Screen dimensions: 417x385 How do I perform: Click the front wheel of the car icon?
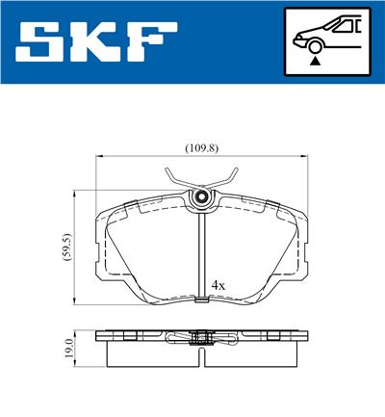point(315,43)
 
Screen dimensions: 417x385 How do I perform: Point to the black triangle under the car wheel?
point(315,60)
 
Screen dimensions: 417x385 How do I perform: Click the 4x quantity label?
point(218,286)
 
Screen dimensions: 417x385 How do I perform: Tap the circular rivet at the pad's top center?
point(202,197)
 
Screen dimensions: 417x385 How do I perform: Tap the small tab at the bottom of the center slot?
point(202,300)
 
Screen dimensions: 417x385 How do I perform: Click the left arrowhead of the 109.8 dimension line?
point(100,158)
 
